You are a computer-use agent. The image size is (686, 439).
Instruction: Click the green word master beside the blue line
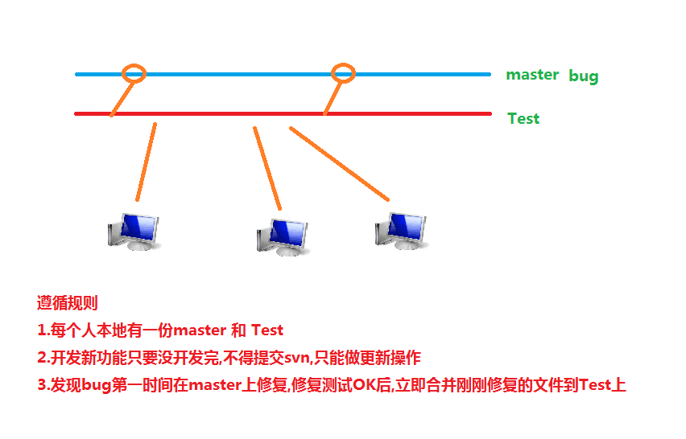532,75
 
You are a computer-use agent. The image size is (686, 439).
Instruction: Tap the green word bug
584,77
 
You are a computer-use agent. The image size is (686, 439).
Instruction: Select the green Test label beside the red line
523,119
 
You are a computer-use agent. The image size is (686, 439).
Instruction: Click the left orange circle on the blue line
134,73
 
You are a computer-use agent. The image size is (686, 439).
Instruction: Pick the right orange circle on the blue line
344,72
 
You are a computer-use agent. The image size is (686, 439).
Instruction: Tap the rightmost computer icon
400,230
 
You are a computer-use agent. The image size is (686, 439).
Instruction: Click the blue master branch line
242,74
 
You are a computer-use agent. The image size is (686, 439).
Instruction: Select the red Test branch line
242,113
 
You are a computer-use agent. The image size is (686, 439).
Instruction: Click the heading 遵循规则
68,303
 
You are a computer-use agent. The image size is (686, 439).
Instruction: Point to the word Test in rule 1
267,330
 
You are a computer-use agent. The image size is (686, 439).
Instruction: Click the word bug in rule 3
96,385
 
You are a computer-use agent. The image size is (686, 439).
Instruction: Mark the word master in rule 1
201,330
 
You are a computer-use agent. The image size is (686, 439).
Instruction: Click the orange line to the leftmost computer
147,161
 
